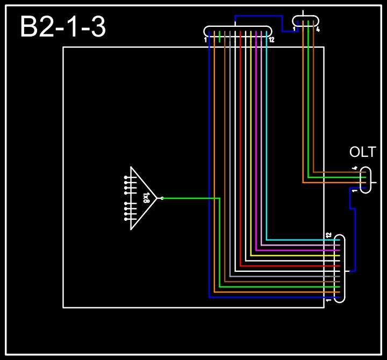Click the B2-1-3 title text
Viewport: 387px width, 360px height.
coord(63,27)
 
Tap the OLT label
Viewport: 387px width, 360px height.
coord(362,153)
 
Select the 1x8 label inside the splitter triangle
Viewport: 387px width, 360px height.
coord(146,198)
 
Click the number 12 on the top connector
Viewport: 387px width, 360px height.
coord(271,40)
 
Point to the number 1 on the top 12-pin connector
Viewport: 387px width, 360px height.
coord(206,40)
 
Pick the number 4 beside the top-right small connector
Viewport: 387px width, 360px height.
coord(318,30)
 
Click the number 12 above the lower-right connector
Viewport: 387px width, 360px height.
coord(328,235)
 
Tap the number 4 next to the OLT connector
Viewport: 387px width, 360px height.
coord(354,169)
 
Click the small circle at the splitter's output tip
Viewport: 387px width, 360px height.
coord(162,198)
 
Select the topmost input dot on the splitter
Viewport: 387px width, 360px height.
coord(126,177)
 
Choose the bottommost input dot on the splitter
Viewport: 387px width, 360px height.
coord(126,219)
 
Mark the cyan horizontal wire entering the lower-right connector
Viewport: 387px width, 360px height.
coord(301,240)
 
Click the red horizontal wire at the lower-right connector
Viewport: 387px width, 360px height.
coord(290,265)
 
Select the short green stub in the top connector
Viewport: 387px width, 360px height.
coord(220,37)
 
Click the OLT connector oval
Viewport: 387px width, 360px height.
coord(365,180)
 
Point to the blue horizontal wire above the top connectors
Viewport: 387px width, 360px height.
coord(258,16)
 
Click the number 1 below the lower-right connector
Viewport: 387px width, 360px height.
coord(328,301)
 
